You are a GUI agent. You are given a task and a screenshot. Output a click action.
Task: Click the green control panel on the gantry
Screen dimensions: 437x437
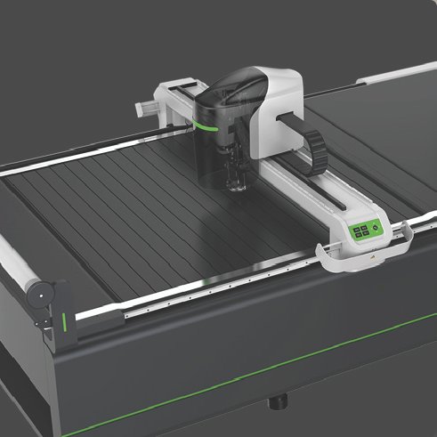click(365, 231)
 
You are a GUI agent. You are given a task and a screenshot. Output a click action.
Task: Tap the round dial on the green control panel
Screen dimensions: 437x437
click(374, 228)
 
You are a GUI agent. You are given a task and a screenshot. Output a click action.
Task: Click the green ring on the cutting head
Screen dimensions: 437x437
click(206, 125)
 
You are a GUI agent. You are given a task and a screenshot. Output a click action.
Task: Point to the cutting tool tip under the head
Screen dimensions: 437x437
click(238, 186)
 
